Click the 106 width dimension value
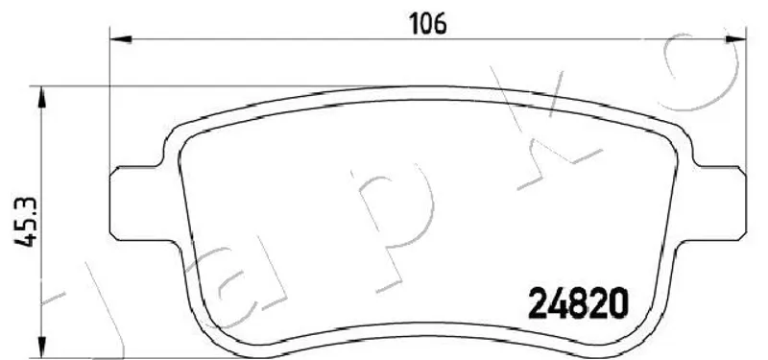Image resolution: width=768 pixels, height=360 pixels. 428,23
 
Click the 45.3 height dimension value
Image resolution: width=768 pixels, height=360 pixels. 26,222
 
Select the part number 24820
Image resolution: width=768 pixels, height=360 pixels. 578,302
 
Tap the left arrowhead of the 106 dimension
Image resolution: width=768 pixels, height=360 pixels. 121,39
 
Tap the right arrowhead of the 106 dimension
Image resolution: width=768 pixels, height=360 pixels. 735,39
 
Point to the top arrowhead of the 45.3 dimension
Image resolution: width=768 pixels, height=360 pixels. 42,97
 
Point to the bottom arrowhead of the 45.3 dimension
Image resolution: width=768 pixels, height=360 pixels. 42,347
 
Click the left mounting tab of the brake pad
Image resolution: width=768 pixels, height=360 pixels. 138,204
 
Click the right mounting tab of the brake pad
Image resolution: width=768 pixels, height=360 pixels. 717,204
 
